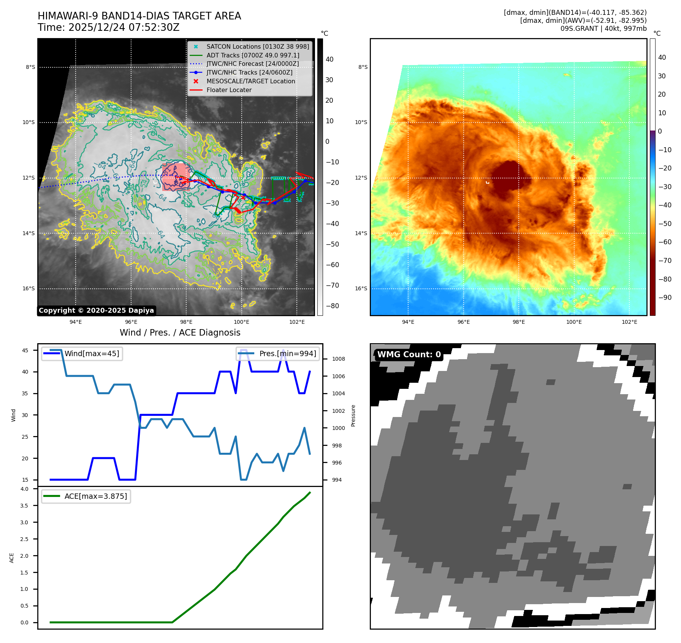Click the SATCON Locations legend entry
coord(257,46)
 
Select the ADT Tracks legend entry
coord(253,55)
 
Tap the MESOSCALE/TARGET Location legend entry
coord(250,81)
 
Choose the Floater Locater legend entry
coord(229,90)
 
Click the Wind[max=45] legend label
coord(92,353)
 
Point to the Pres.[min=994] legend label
coord(287,353)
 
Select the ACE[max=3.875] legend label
coord(95,496)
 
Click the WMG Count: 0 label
coord(409,354)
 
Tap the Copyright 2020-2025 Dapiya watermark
coord(96,310)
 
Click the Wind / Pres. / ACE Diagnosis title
coord(180,333)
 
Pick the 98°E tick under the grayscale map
coord(186,322)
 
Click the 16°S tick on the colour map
coord(361,288)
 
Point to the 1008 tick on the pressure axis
coord(338,359)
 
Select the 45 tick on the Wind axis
coord(25,350)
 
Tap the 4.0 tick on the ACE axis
coord(24,489)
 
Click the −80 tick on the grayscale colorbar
coord(332,306)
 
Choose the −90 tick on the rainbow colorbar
coord(665,298)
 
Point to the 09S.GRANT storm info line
coord(603,29)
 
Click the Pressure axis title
coord(353,415)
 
